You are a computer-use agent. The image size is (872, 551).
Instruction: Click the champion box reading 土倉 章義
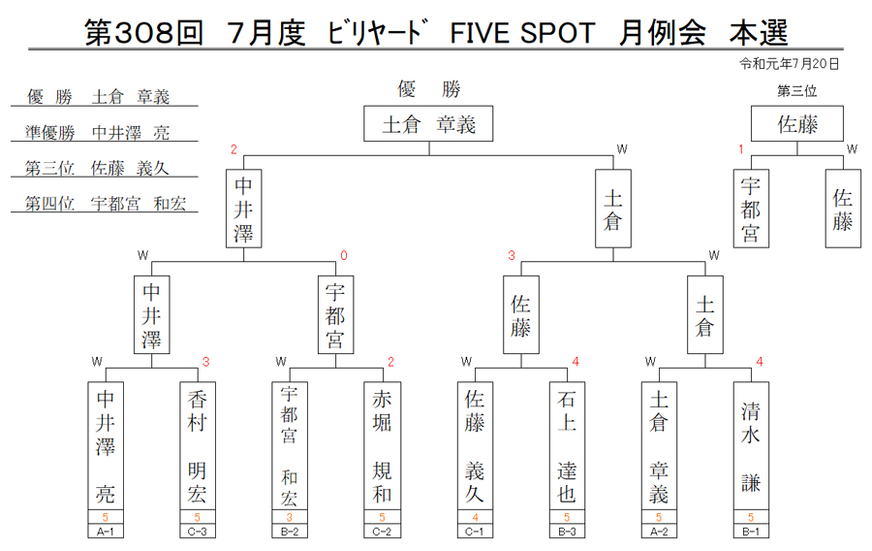click(428, 123)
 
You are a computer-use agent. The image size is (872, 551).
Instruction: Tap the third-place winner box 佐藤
click(797, 123)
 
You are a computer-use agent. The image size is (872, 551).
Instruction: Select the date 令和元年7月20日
click(789, 64)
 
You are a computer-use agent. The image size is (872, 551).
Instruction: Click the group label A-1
click(105, 531)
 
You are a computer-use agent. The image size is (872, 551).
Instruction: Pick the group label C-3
click(198, 531)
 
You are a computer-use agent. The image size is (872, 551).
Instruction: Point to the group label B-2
click(289, 531)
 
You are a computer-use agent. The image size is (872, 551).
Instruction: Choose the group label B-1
click(751, 531)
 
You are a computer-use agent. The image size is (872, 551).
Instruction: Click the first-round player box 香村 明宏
click(198, 446)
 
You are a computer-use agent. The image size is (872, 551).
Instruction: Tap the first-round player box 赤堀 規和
click(382, 446)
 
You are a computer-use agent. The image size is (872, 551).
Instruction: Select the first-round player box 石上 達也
click(567, 446)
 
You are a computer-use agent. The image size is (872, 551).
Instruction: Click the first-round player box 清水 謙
click(751, 446)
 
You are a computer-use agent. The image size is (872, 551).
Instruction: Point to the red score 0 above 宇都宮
click(344, 255)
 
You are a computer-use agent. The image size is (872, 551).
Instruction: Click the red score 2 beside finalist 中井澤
click(234, 149)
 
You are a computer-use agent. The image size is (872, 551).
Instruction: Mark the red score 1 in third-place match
click(741, 149)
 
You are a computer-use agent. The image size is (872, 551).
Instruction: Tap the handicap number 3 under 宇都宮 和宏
click(289, 517)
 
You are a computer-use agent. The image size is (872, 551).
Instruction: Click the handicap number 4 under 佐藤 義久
click(475, 517)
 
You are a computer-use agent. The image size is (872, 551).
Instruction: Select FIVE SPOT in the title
click(522, 33)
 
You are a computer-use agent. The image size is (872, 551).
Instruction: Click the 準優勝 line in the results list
click(105, 133)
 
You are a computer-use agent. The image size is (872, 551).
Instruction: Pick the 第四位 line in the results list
click(105, 204)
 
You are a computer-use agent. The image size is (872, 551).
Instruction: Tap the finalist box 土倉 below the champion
click(613, 209)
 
